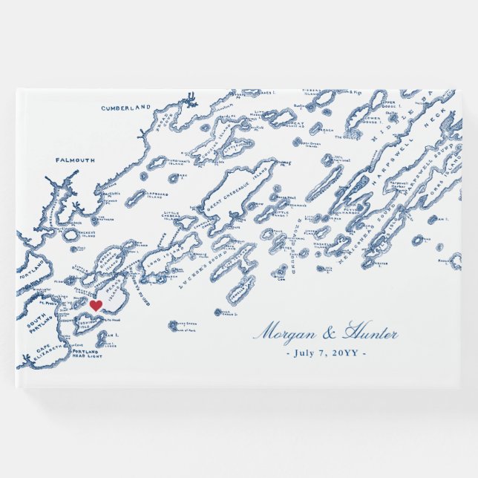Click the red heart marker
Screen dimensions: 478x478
pyautogui.click(x=95, y=305)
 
